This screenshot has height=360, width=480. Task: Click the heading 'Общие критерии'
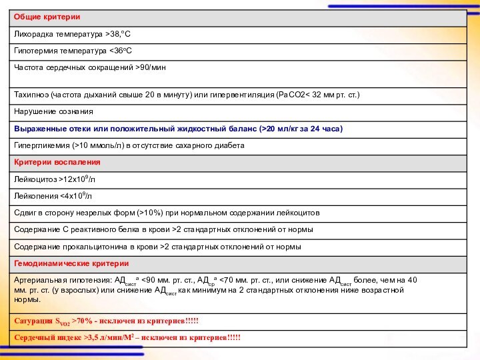tap(47, 15)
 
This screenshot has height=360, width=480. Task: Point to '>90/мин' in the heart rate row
tap(151, 67)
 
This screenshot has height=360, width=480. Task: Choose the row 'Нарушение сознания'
tap(53, 111)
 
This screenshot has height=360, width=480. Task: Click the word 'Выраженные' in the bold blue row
tap(41, 128)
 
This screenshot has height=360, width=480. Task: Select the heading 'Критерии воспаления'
tap(57, 162)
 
